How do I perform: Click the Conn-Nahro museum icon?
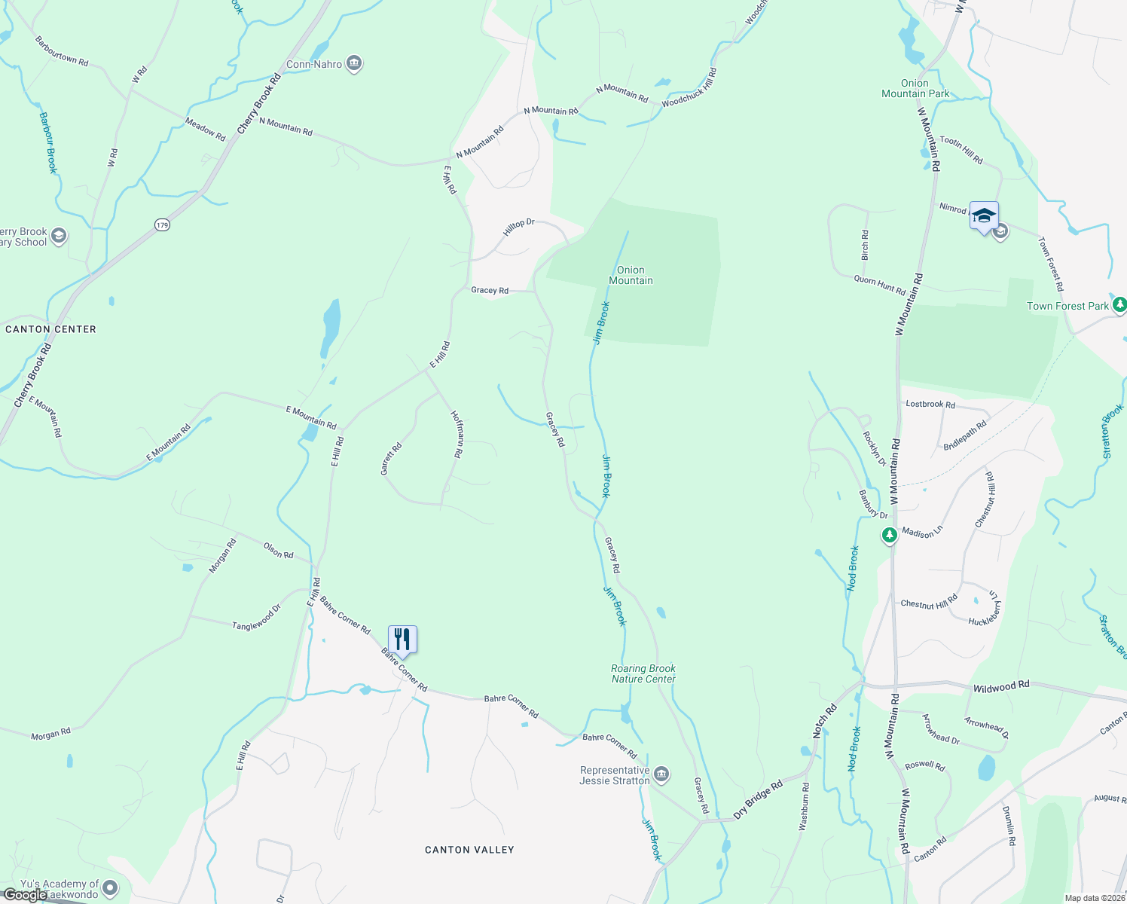(x=354, y=64)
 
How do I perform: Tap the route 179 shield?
(x=163, y=224)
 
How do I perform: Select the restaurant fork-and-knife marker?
(x=402, y=640)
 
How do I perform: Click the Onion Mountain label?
(x=631, y=275)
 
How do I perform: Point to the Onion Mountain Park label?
(x=915, y=89)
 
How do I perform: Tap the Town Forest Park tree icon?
(x=1119, y=305)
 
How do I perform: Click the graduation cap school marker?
(x=984, y=216)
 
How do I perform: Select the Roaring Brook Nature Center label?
(x=643, y=673)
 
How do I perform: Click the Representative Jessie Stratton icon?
(x=661, y=774)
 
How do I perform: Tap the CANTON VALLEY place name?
(x=469, y=850)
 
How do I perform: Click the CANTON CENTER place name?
(x=50, y=329)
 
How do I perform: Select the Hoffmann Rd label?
(x=457, y=435)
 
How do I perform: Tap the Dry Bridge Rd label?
(x=758, y=799)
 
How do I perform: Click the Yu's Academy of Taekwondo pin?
(x=110, y=888)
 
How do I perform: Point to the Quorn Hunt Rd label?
(x=880, y=285)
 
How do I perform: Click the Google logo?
(x=24, y=895)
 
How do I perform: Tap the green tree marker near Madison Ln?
(x=890, y=536)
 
